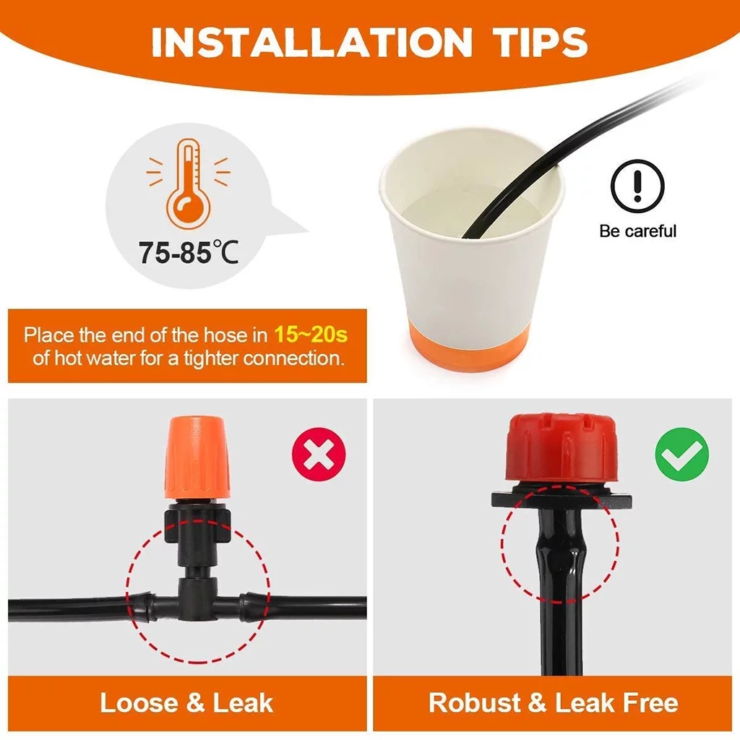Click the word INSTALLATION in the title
pyautogui.click(x=311, y=43)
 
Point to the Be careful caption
pyautogui.click(x=637, y=231)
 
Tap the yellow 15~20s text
pyautogui.click(x=310, y=335)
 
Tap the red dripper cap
pyautogui.click(x=553, y=448)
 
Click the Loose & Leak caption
pyautogui.click(x=186, y=703)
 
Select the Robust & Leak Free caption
pyautogui.click(x=554, y=703)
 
